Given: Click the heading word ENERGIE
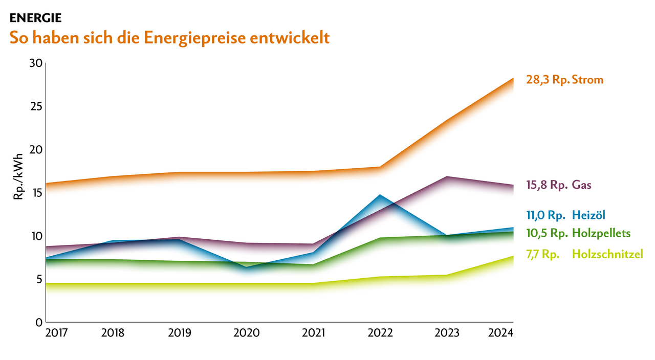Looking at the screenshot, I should click(x=35, y=18).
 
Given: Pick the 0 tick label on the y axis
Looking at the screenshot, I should click(x=38, y=323).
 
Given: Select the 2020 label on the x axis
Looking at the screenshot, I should click(x=246, y=333).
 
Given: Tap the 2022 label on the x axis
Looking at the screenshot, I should click(x=380, y=333).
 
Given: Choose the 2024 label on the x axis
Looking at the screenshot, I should click(x=500, y=333).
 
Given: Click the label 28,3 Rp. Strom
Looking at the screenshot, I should click(x=564, y=80).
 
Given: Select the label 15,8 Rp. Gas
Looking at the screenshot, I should click(x=559, y=185).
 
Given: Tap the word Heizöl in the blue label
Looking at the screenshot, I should click(x=592, y=215).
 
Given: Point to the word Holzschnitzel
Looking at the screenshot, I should click(x=607, y=254).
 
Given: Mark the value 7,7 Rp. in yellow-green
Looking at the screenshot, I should click(x=542, y=254).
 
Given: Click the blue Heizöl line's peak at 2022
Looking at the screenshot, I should click(x=380, y=195).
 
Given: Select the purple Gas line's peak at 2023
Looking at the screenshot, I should click(x=447, y=177).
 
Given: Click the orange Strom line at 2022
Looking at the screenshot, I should click(x=380, y=167).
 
